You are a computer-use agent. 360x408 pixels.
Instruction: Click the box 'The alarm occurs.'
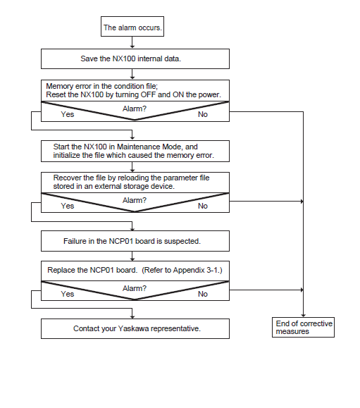pyautogui.click(x=132, y=27)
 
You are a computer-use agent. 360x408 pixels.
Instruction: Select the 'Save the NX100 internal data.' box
pyautogui.click(x=135, y=58)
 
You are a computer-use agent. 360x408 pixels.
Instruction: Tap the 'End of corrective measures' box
pyautogui.click(x=303, y=328)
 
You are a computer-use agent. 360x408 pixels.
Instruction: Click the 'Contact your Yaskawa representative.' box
pyautogui.click(x=135, y=328)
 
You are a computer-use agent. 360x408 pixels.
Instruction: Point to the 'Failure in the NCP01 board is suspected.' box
pyautogui.click(x=135, y=241)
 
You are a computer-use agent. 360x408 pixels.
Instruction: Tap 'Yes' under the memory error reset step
pyautogui.click(x=68, y=114)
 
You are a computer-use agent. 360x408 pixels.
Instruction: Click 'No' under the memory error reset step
pyautogui.click(x=203, y=114)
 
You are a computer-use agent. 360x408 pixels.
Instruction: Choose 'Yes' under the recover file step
pyautogui.click(x=68, y=206)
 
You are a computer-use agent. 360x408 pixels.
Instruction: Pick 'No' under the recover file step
pyautogui.click(x=203, y=206)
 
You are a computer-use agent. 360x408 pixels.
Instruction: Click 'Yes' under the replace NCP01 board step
pyautogui.click(x=68, y=294)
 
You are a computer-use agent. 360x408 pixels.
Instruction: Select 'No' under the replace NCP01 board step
pyautogui.click(x=203, y=294)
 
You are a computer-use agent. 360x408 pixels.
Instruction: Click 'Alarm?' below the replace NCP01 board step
pyautogui.click(x=135, y=288)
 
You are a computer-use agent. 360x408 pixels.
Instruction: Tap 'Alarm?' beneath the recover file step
pyautogui.click(x=135, y=200)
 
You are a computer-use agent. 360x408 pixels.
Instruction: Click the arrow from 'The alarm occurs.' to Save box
pyautogui.click(x=132, y=42)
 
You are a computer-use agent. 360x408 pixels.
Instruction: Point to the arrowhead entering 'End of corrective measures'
pyautogui.click(x=303, y=316)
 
